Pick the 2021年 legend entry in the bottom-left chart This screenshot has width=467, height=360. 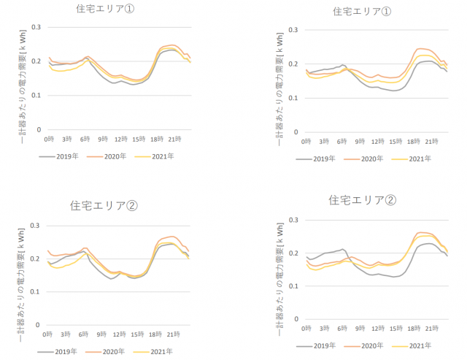point(158,352)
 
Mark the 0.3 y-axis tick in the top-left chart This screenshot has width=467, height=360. point(36,27)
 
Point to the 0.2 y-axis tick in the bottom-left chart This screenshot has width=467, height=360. point(36,259)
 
